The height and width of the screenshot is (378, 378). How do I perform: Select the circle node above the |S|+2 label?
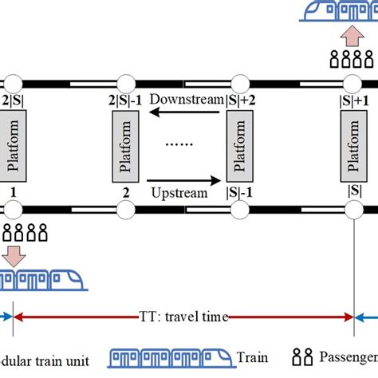click(x=238, y=82)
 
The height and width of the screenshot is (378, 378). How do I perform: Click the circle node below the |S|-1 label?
click(x=238, y=211)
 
